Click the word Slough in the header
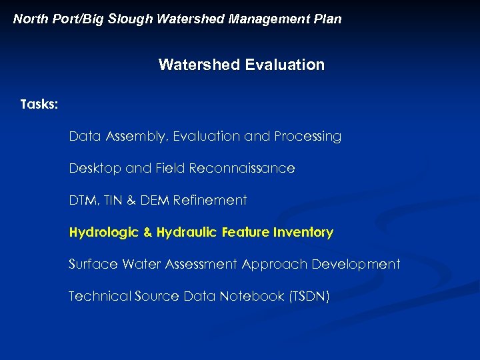(x=131, y=19)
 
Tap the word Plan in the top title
(x=327, y=19)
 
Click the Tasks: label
(x=39, y=105)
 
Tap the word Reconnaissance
(x=242, y=169)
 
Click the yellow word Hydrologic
(x=103, y=233)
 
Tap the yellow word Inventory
(x=303, y=233)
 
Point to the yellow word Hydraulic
(x=188, y=233)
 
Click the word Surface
(x=92, y=264)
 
